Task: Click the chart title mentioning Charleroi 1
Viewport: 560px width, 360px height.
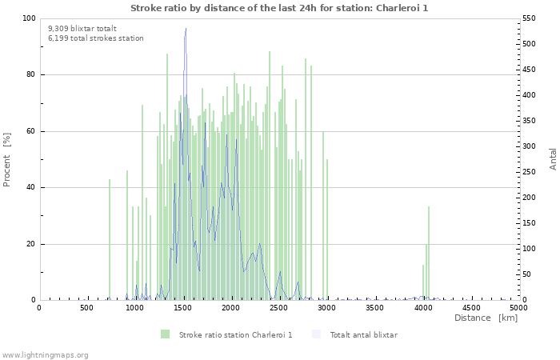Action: coord(278,7)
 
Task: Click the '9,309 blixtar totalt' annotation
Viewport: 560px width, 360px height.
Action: coord(82,28)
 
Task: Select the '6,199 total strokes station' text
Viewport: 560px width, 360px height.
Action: coord(96,38)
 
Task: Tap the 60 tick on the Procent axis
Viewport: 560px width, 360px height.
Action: coord(30,131)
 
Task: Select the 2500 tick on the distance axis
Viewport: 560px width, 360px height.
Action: coord(278,307)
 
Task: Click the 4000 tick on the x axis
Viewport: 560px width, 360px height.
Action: coord(422,307)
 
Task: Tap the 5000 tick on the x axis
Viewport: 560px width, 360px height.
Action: coord(518,307)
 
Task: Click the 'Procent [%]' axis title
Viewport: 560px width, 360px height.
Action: coord(7,160)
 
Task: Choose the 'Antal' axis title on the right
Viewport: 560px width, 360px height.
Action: coord(553,158)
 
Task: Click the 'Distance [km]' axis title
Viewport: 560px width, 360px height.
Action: coord(486,318)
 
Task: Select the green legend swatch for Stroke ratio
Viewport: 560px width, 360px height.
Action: coord(166,334)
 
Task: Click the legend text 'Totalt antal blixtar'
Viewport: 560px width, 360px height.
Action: coord(363,334)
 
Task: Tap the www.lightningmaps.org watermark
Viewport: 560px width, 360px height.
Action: coord(45,354)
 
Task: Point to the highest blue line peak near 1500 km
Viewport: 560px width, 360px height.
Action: coord(186,30)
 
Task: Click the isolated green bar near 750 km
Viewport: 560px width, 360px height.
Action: coord(110,240)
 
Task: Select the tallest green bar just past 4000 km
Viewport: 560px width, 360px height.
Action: coord(429,253)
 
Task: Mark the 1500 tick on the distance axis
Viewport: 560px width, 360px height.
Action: coord(182,307)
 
